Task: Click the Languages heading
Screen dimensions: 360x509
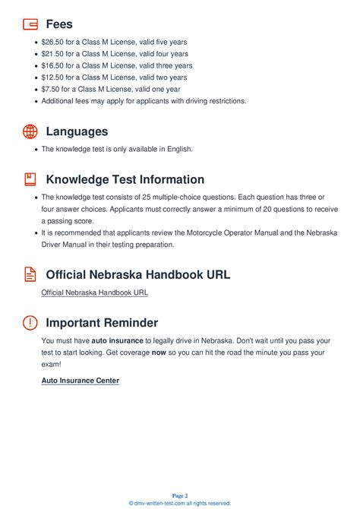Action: click(77, 131)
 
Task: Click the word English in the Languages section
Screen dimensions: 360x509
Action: click(178, 149)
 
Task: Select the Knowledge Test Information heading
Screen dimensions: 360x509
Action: click(125, 179)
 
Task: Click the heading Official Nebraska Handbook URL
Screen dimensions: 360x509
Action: click(137, 274)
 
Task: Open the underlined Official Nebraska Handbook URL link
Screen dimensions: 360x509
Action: click(94, 292)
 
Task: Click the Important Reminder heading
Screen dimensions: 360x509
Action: click(102, 322)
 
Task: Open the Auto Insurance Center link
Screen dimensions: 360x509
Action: click(80, 380)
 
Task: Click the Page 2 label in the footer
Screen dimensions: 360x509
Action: click(180, 495)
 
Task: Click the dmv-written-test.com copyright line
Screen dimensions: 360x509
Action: click(180, 503)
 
